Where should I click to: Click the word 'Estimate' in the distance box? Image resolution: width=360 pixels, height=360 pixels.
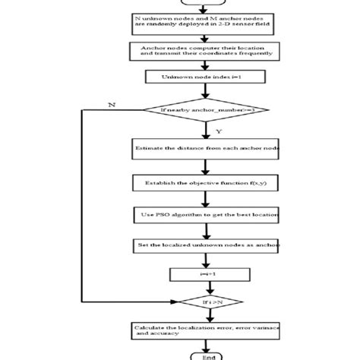(x=148, y=148)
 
